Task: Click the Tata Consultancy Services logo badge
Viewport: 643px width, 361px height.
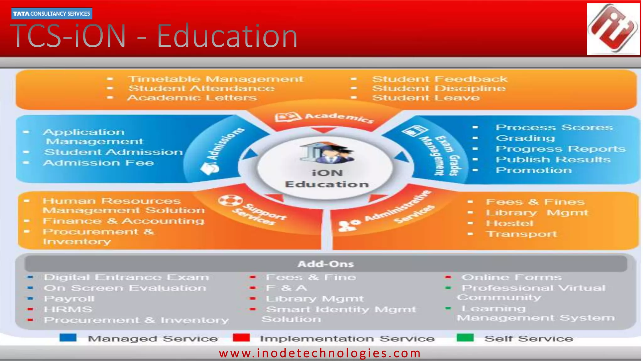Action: point(52,13)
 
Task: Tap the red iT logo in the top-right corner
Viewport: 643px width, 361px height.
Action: point(613,29)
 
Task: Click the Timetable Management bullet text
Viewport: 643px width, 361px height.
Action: point(216,79)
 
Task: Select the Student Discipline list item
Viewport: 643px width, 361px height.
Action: point(439,88)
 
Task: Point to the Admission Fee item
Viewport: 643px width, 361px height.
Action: point(99,163)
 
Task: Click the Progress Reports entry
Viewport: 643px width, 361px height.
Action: point(560,149)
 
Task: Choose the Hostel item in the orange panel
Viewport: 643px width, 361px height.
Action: point(510,223)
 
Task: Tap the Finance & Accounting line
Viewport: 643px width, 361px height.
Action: point(123,221)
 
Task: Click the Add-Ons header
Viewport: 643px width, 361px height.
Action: point(326,264)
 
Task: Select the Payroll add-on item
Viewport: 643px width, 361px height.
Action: point(69,299)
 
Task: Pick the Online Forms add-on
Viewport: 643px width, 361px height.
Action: point(511,277)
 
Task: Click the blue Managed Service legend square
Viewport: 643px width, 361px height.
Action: point(68,338)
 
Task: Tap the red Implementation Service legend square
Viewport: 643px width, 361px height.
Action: point(241,338)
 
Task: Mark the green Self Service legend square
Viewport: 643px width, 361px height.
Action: point(465,338)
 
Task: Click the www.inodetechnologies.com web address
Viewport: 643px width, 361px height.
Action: point(320,353)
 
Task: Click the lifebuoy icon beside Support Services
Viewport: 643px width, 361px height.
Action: point(230,201)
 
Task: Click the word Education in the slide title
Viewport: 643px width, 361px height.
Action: point(227,36)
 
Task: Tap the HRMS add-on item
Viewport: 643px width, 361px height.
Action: point(68,309)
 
